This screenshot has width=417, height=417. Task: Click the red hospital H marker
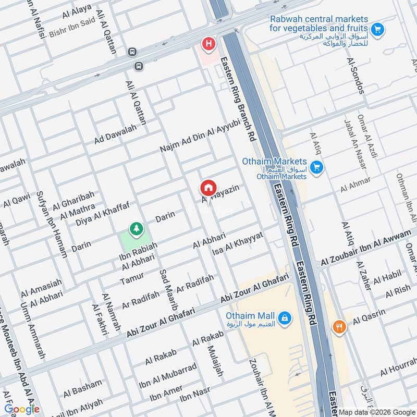[209, 44]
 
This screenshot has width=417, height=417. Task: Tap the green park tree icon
[136, 228]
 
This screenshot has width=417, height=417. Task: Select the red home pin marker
[208, 187]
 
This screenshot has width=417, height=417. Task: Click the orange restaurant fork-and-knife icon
[339, 327]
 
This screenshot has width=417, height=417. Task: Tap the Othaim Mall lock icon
[284, 317]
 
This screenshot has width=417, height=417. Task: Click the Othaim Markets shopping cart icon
[315, 168]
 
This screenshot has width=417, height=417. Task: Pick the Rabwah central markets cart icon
[378, 29]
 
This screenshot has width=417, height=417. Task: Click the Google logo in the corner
[22, 409]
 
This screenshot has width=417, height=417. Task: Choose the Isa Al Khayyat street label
[238, 244]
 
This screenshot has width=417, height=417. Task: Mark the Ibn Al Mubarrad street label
[167, 375]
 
